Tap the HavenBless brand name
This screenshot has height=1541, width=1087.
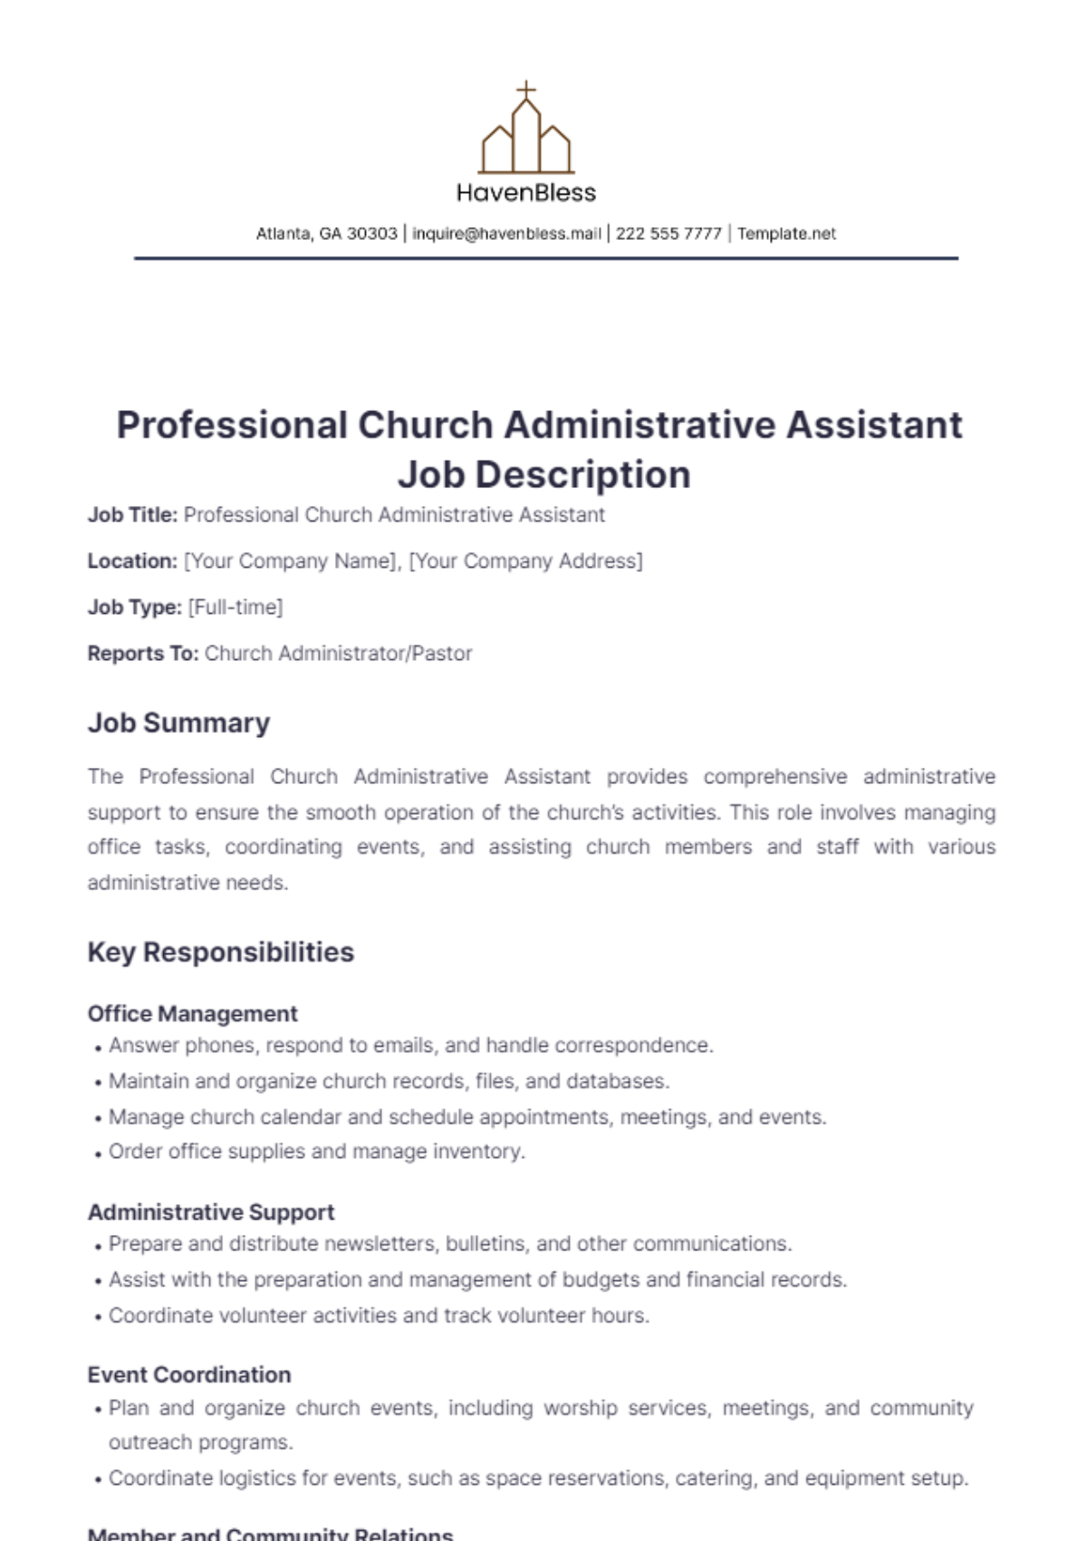click(526, 193)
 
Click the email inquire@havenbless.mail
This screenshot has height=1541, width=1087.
click(506, 234)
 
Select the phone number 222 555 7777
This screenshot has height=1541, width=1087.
click(669, 234)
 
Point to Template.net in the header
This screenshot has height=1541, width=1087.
click(786, 234)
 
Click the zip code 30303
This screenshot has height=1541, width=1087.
click(372, 234)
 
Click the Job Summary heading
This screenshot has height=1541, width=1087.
click(178, 723)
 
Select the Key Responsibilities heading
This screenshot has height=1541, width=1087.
click(220, 952)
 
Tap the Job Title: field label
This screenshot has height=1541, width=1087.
click(132, 515)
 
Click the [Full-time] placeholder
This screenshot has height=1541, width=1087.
click(236, 608)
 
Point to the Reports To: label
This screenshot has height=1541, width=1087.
click(142, 654)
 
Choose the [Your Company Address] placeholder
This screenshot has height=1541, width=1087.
click(525, 561)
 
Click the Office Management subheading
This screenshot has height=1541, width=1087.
click(192, 1013)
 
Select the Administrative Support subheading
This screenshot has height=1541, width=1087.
click(210, 1211)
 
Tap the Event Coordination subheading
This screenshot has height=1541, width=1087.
click(188, 1374)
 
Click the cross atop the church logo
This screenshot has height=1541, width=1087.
click(525, 90)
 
